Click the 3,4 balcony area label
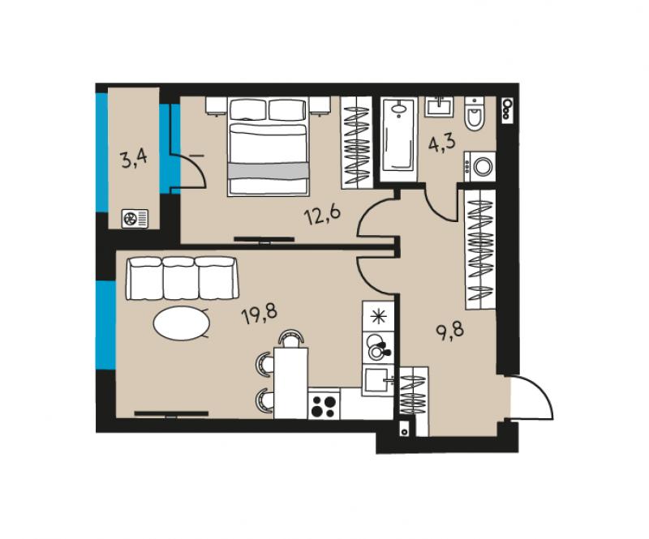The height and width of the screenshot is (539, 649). point(133,159)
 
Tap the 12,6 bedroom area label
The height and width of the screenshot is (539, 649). point(322,216)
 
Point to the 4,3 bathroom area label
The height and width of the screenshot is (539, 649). point(441,143)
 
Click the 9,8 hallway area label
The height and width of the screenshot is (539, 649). point(450,330)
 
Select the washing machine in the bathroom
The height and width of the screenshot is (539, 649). point(480,167)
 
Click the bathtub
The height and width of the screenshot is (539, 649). point(398,139)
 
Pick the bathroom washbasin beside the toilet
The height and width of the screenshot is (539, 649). point(439,107)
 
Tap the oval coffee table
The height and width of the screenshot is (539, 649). point(181,323)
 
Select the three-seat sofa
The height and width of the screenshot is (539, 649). point(183,278)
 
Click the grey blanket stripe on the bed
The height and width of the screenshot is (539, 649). point(269,171)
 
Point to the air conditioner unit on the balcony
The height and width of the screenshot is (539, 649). point(135,218)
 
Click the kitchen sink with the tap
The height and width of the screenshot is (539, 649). point(377,381)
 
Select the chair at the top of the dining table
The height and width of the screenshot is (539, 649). point(291,338)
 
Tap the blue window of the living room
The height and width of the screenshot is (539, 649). point(105,325)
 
